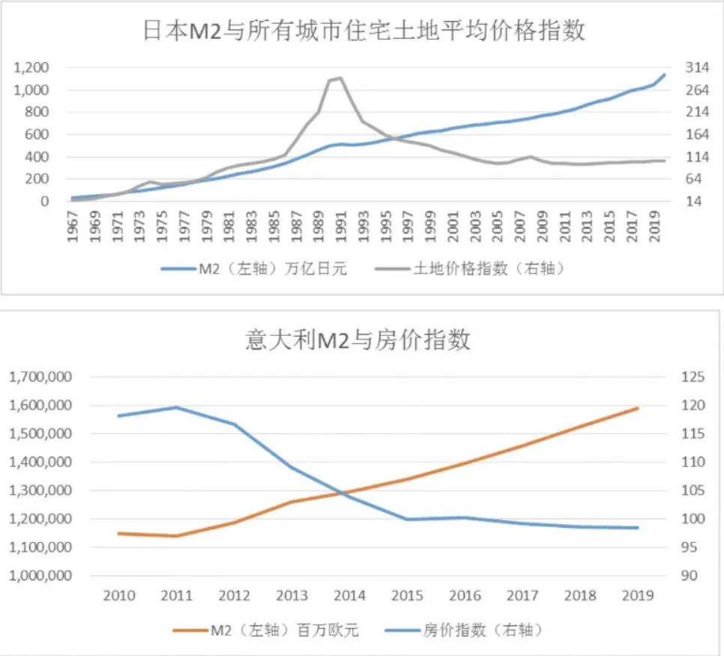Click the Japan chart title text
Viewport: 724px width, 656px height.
[x=363, y=31]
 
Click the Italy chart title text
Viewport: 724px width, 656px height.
[x=358, y=340]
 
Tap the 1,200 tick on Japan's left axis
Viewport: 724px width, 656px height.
[x=31, y=68]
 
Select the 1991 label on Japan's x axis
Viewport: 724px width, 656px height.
[x=341, y=223]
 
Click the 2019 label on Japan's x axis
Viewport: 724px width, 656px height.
[x=656, y=223]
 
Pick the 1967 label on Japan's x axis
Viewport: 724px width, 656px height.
[x=72, y=223]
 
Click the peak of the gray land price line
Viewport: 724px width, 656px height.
[x=341, y=78]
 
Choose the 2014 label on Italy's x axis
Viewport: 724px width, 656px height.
[x=350, y=596]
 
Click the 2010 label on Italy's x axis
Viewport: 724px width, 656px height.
[x=119, y=596]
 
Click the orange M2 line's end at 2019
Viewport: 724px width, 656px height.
[x=638, y=409]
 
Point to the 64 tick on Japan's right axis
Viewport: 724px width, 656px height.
[x=695, y=179]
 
